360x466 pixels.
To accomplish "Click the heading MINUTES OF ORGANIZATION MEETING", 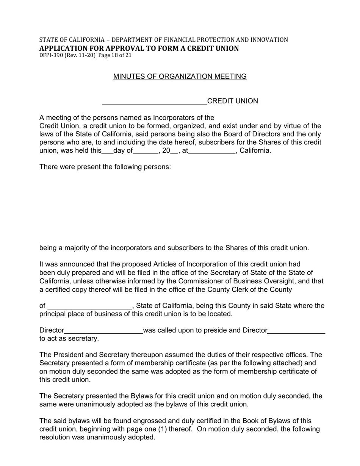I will (x=180, y=77).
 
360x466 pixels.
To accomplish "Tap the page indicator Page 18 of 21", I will (x=114, y=55).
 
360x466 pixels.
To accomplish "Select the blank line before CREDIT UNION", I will (x=154, y=102).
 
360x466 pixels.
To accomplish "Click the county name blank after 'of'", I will (x=89, y=306).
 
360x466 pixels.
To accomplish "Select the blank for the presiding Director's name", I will (x=103, y=331).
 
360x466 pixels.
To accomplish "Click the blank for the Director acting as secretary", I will (x=296, y=331).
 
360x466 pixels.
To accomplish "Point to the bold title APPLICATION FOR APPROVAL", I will (x=139, y=48).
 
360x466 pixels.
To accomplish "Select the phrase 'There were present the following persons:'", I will (x=105, y=167).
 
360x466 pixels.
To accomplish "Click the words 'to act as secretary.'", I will (x=69, y=339).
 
